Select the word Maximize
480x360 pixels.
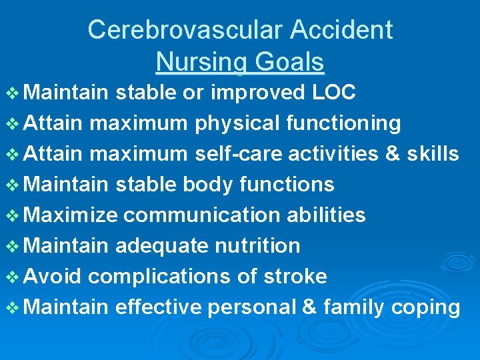(74, 215)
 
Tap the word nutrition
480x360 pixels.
(258, 246)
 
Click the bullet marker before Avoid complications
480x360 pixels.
(15, 277)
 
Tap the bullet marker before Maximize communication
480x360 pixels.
(15, 215)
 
